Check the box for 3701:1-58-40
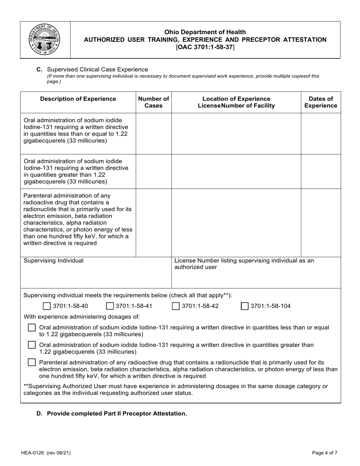click(x=47, y=306)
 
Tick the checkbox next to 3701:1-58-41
click(x=110, y=306)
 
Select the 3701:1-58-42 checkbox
click(x=176, y=306)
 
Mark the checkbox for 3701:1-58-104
click(x=245, y=306)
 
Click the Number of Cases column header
click(x=153, y=102)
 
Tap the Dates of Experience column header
click(x=321, y=102)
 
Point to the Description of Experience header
click(x=78, y=99)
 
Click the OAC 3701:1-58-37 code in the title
click(x=205, y=47)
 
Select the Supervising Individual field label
click(x=53, y=261)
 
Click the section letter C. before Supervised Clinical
click(x=39, y=69)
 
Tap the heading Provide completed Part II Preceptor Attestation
click(x=117, y=413)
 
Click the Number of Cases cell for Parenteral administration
click(x=153, y=222)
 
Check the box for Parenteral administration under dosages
click(x=32, y=363)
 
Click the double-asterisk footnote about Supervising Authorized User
click(x=175, y=389)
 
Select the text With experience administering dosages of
click(x=82, y=317)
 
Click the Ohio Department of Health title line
click(x=205, y=32)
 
